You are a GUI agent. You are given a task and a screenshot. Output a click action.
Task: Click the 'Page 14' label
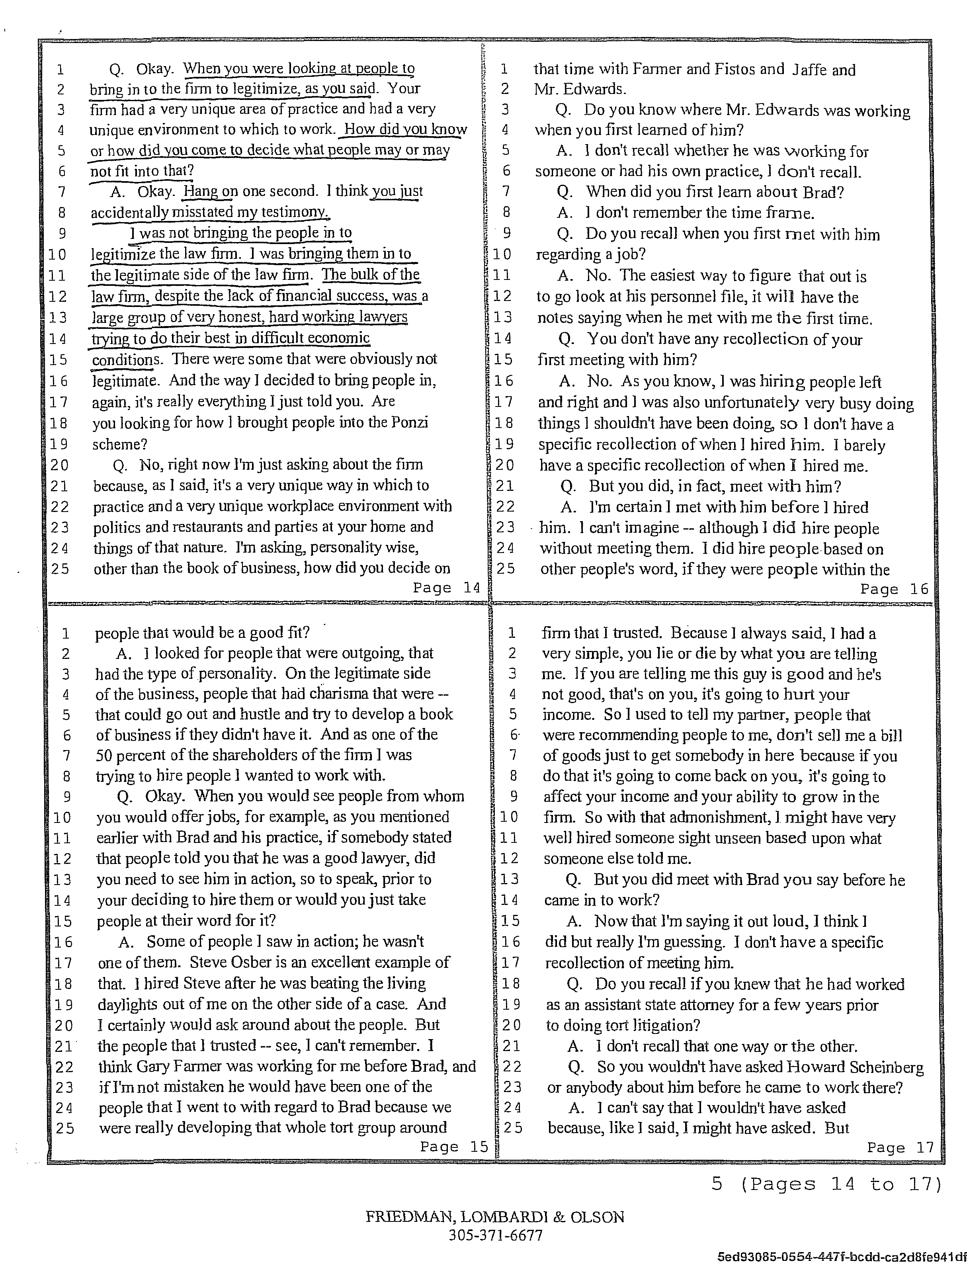446,588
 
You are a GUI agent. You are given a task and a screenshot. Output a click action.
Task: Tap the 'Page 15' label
453,1147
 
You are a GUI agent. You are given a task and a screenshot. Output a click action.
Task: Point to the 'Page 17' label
900,1147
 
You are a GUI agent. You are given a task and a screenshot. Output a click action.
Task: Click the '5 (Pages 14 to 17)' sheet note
826,1184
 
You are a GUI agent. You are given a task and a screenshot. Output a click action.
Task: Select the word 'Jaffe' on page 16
810,69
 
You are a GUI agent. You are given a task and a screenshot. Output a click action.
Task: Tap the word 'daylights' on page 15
127,1004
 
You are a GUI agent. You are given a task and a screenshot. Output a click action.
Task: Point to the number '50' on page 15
105,755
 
